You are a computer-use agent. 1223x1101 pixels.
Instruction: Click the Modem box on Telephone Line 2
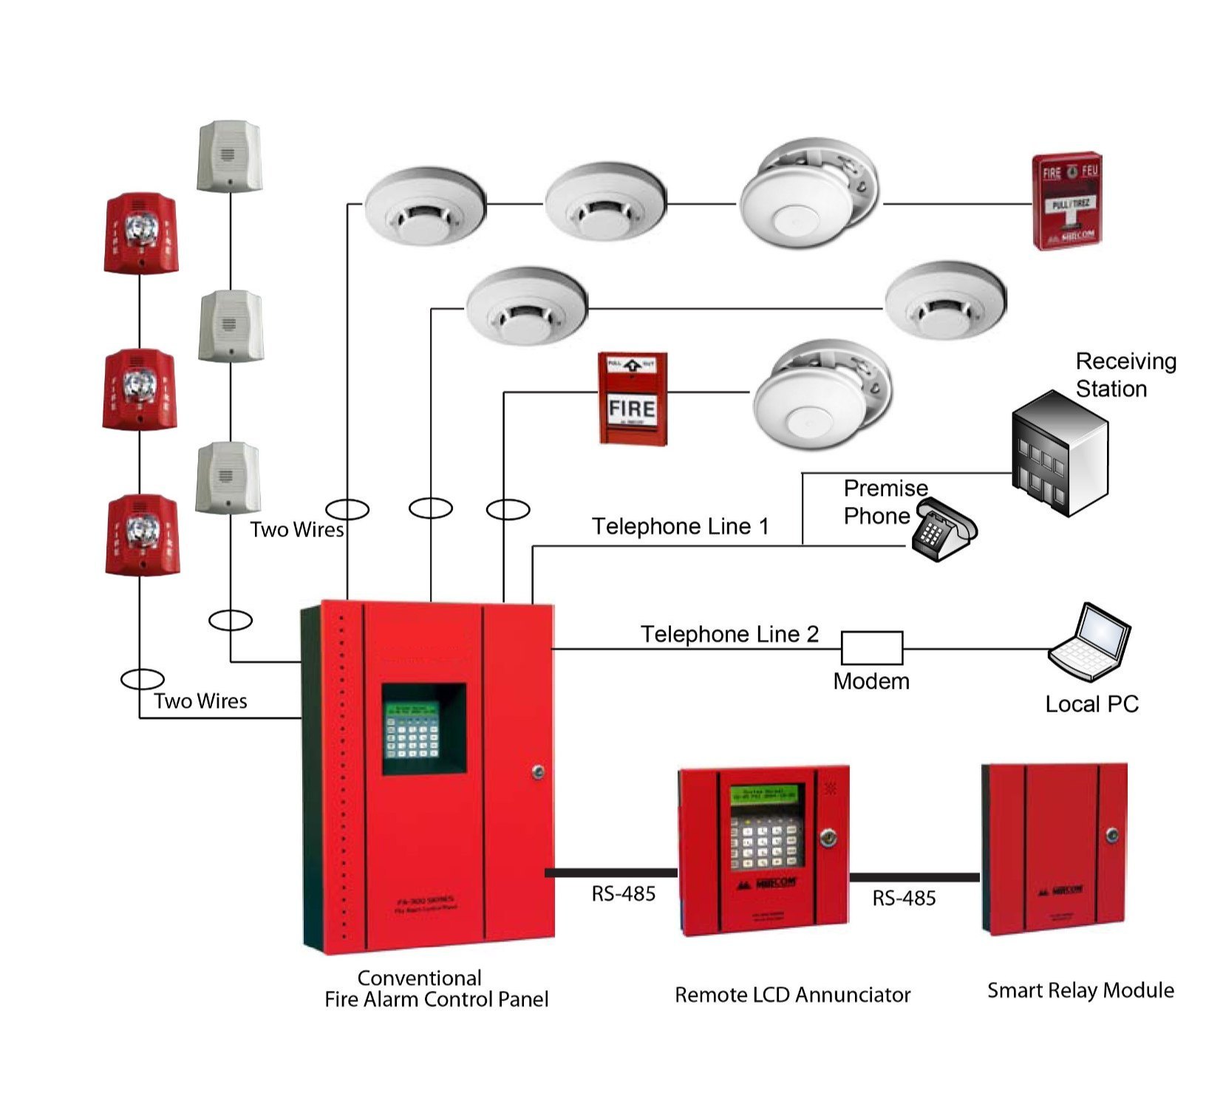[x=871, y=648]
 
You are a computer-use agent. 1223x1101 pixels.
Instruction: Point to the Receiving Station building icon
[x=1060, y=453]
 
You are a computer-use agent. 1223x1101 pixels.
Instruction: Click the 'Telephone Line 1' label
[x=680, y=526]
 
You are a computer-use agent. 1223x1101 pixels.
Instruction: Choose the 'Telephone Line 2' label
[x=729, y=634]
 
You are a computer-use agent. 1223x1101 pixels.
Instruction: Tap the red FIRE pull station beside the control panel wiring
[x=632, y=399]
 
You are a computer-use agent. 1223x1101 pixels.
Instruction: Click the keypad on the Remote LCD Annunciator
[x=766, y=842]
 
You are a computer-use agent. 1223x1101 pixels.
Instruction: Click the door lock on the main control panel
[x=537, y=772]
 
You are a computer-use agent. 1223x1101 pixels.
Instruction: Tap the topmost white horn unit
[x=229, y=156]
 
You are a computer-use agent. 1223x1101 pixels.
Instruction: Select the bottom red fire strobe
[x=141, y=535]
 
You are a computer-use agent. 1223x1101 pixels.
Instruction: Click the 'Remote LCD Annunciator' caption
[x=792, y=995]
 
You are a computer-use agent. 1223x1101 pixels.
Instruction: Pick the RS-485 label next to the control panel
[x=623, y=894]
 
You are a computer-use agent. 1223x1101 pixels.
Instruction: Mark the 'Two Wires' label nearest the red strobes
[x=200, y=701]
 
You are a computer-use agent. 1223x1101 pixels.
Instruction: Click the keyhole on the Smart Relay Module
[x=1113, y=836]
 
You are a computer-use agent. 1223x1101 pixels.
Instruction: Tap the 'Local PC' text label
[x=1091, y=704]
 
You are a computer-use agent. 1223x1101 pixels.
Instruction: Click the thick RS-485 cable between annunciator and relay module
[x=914, y=877]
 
